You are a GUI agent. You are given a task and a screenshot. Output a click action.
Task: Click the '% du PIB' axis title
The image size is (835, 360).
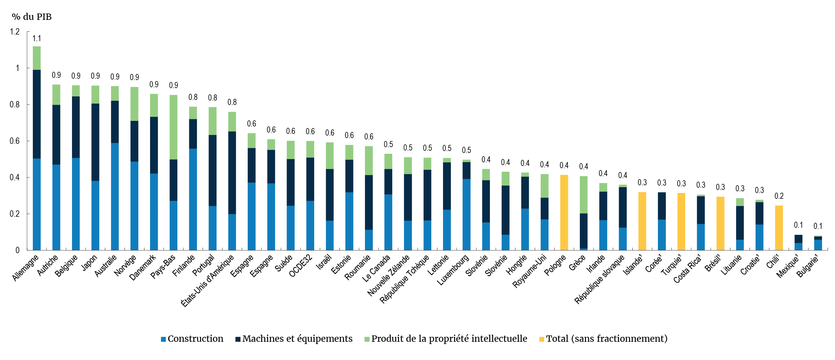[x=31, y=17]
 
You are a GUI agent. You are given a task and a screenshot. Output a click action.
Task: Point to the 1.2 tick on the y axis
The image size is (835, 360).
[x=15, y=32]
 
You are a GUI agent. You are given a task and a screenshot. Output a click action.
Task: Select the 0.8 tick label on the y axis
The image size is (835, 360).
[x=15, y=105]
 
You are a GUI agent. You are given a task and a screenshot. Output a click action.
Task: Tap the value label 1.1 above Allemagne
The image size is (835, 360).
[x=37, y=39]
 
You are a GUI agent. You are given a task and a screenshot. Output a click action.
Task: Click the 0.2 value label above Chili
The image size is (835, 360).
[x=779, y=196]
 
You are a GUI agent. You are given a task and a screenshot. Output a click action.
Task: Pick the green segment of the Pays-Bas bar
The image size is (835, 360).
[x=174, y=127]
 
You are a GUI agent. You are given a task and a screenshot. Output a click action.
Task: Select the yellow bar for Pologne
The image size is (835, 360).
[x=564, y=212]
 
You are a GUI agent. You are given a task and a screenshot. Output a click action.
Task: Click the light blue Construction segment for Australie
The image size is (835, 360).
[x=115, y=197]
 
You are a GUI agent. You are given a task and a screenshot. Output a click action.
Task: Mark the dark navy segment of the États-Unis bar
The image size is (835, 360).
[x=232, y=173]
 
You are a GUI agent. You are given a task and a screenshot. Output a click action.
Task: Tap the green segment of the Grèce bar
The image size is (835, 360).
[x=583, y=195]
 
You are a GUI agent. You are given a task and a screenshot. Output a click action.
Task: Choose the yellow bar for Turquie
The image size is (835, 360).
[x=681, y=221]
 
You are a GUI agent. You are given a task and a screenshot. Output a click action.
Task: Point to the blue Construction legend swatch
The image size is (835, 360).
[x=163, y=339]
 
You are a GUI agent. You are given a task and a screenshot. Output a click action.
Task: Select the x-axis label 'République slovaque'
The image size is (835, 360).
[x=600, y=279]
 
